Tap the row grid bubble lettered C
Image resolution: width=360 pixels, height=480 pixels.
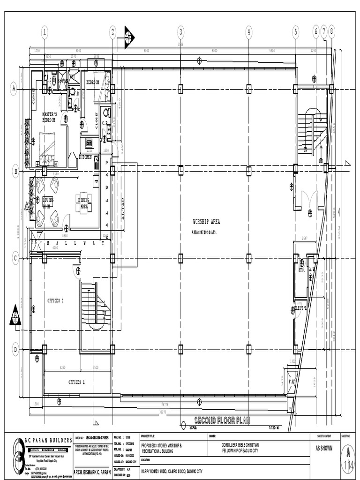pos(15,258)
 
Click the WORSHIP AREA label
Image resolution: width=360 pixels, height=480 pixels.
pos(206,222)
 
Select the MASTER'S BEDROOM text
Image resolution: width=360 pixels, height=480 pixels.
pos(49,117)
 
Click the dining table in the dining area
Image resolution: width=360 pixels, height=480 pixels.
pos(83,202)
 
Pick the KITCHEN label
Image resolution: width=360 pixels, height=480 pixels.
pos(85,157)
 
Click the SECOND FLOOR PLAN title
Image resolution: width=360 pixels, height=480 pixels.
pos(222,420)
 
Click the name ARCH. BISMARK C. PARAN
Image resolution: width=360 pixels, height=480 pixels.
pos(92,472)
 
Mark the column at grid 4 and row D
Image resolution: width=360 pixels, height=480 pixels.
pos(248,349)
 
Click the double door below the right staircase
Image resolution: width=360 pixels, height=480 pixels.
pos(309,199)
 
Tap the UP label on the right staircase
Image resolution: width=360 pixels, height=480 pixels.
pos(306,150)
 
